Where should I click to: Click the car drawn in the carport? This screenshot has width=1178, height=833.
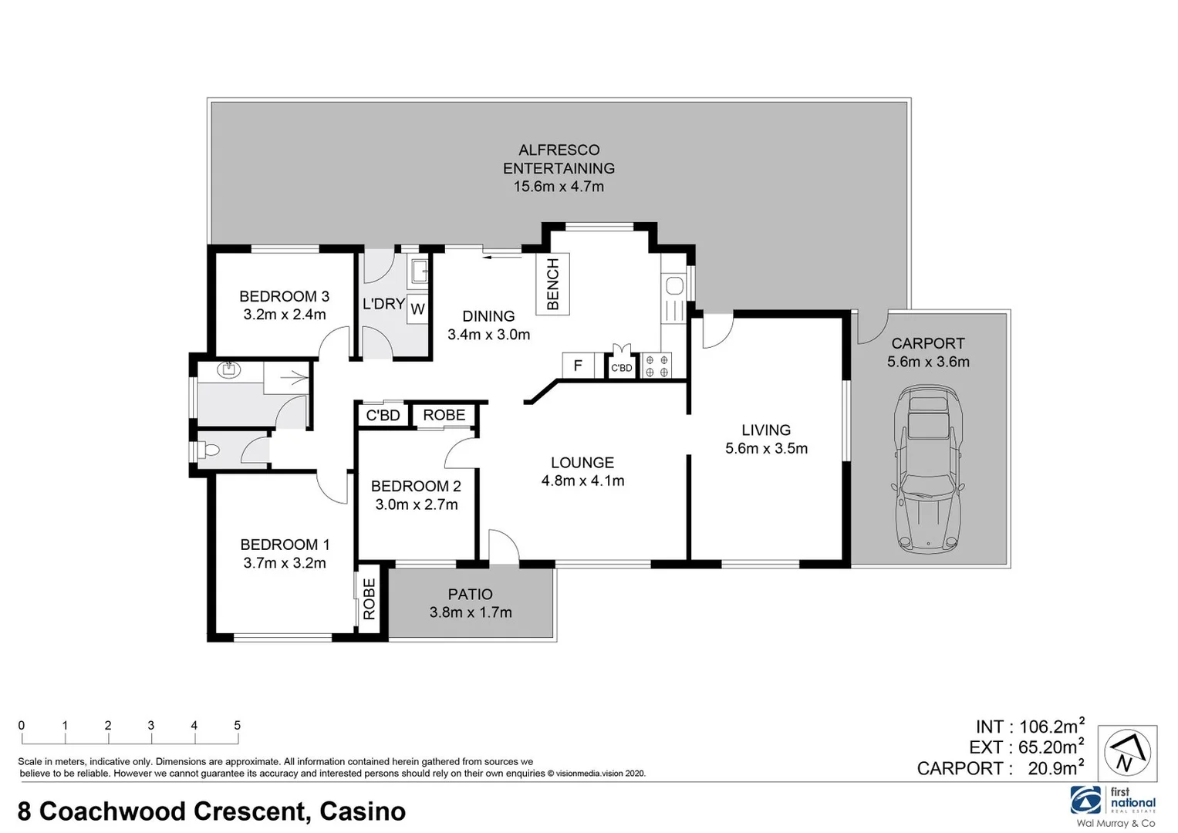(x=928, y=470)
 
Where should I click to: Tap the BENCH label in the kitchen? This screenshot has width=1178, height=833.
(x=552, y=285)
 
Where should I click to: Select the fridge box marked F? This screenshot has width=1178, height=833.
(x=578, y=366)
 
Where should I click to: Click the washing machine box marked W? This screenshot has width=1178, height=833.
(x=417, y=309)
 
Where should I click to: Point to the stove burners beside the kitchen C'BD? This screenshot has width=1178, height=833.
(x=657, y=366)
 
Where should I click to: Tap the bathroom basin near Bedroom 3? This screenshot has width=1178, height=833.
(x=228, y=369)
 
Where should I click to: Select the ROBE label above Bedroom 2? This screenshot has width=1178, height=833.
(x=444, y=415)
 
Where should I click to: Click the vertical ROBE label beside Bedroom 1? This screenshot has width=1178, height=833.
(x=370, y=599)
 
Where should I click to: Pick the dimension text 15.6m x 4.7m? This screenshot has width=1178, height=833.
(x=559, y=187)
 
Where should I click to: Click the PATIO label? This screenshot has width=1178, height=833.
(x=470, y=594)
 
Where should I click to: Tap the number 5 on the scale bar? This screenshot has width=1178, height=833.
(x=237, y=725)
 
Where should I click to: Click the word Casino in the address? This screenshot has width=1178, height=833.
(x=363, y=811)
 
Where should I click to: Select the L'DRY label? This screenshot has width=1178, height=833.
(x=383, y=304)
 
